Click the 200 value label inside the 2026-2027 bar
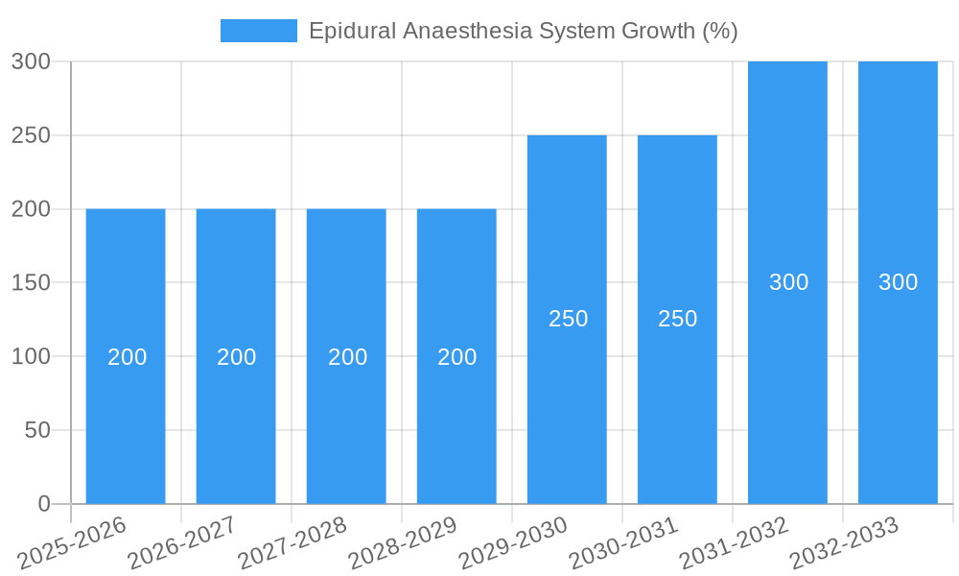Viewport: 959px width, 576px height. [x=237, y=357]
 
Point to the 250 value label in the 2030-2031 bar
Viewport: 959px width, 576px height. [x=678, y=319]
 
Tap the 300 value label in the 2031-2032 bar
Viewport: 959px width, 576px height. [x=789, y=282]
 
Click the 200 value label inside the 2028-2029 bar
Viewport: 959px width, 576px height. [x=457, y=357]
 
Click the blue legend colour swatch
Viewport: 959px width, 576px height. [x=259, y=31]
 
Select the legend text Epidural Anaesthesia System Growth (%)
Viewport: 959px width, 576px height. [x=524, y=31]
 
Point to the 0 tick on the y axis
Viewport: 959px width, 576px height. [x=44, y=504]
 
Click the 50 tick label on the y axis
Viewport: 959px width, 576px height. [x=37, y=430]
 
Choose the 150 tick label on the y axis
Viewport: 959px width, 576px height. [x=31, y=283]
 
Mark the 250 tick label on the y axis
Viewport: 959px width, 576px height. [x=31, y=135]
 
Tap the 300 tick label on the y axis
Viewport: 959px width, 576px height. [x=31, y=61]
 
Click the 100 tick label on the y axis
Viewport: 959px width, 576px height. [x=31, y=357]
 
